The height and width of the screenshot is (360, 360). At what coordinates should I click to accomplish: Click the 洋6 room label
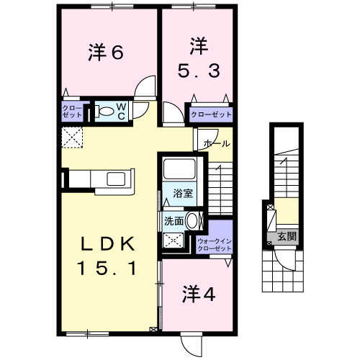tap(106, 52)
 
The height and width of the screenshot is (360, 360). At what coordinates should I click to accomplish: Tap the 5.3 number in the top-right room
tap(199, 71)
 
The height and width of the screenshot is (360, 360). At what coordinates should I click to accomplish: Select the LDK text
tap(107, 244)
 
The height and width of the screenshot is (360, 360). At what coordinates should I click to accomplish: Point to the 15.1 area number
tap(107, 268)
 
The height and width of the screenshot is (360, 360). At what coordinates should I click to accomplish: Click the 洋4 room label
tap(199, 294)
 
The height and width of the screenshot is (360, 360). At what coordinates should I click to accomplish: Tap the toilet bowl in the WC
tap(105, 112)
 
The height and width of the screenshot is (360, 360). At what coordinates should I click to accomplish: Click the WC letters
tap(122, 112)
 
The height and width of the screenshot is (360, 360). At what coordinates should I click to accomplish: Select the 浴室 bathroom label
tap(183, 193)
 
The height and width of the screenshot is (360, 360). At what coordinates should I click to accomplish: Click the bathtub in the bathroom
tap(179, 169)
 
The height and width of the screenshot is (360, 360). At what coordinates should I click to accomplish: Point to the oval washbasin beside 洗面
tap(192, 221)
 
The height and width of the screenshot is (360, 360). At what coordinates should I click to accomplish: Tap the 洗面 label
tap(174, 221)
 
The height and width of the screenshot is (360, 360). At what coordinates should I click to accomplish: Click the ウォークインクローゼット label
tap(215, 245)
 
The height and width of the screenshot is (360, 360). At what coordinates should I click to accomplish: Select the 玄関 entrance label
tap(287, 237)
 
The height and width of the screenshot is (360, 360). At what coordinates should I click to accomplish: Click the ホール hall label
tap(217, 144)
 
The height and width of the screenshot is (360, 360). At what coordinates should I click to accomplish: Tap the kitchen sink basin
tap(116, 179)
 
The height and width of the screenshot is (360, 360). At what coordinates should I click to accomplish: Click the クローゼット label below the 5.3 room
tap(211, 114)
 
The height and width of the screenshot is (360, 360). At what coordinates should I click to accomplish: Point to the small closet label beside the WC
tap(72, 112)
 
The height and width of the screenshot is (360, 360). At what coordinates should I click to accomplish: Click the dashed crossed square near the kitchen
tap(72, 138)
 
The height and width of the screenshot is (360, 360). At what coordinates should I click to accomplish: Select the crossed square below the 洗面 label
tap(174, 240)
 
